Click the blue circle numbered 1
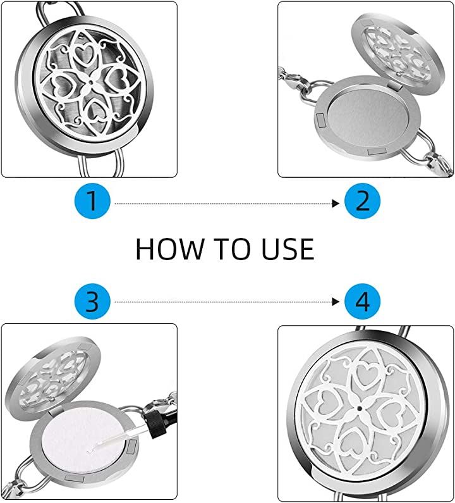pos(93,201)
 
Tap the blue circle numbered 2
pos(362,201)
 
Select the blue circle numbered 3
pos(93,301)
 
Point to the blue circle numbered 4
pos(362,301)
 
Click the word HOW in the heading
pos(169,249)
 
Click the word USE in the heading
pos(288,249)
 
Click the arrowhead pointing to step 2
pos(336,203)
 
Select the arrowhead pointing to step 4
pos(336,302)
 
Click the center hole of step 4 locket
pos(359,409)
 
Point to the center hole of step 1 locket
pos(92,82)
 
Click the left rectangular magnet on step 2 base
pos(321,120)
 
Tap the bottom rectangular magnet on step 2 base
pos(377,151)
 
